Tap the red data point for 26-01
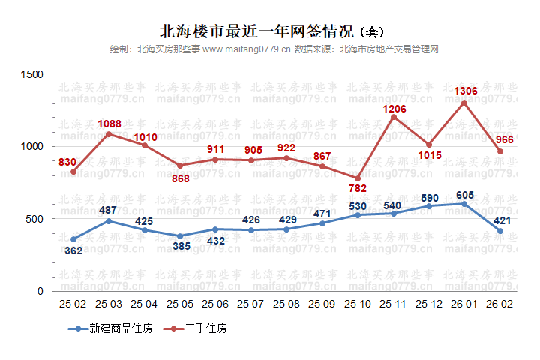click(x=464, y=103)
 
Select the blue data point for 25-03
click(x=109, y=221)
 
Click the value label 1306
click(x=465, y=91)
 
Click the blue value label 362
click(x=73, y=250)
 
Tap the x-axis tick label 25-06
click(x=215, y=305)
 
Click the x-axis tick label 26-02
click(x=500, y=305)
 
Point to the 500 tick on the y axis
click(x=37, y=219)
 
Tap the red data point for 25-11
click(x=394, y=117)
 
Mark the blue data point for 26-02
click(x=500, y=231)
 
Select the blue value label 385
click(x=180, y=247)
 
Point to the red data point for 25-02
click(x=73, y=172)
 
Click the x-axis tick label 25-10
click(x=358, y=305)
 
